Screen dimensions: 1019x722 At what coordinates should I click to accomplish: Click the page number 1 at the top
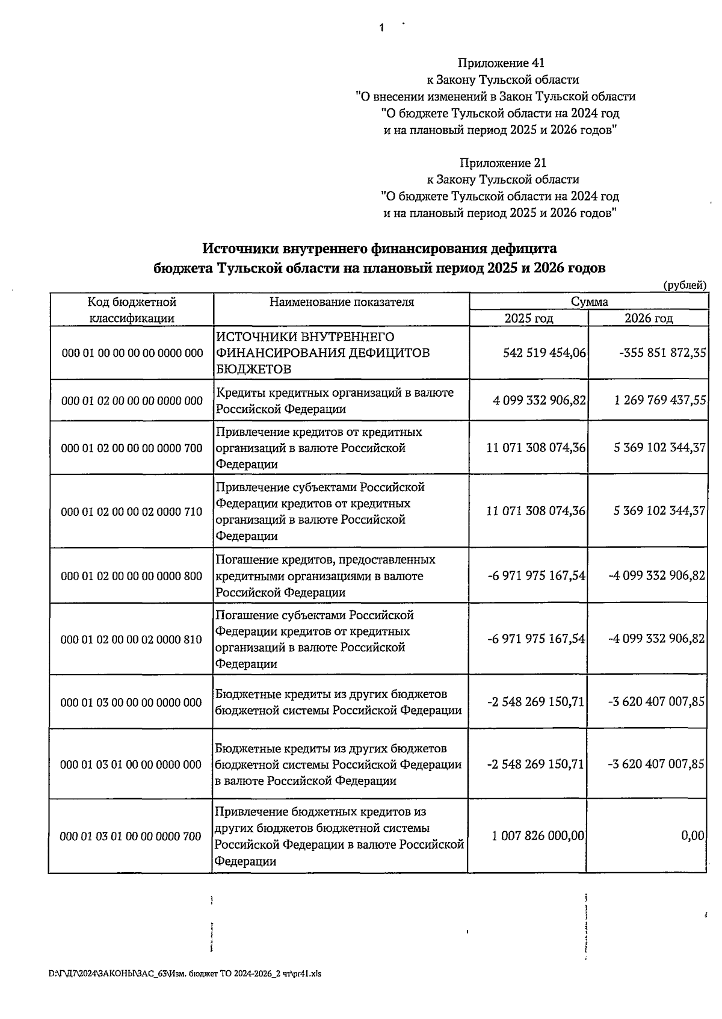(381, 28)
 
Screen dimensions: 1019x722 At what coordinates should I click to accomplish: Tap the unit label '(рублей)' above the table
(684, 285)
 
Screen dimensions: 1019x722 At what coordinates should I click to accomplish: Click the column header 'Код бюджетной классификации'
(132, 309)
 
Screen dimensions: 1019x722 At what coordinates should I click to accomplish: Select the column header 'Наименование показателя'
(341, 302)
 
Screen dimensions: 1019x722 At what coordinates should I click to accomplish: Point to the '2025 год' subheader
(528, 318)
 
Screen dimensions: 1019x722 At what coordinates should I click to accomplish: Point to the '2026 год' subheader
(648, 318)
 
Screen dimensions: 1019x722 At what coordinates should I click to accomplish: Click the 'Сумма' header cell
(589, 302)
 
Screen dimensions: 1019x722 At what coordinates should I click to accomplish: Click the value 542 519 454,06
(544, 353)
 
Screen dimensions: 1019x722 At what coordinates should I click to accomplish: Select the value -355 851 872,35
(662, 353)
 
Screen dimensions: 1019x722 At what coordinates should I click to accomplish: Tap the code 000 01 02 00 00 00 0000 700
(132, 448)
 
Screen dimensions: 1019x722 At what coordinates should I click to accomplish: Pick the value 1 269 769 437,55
(660, 400)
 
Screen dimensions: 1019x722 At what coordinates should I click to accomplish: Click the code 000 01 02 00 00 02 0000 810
(132, 639)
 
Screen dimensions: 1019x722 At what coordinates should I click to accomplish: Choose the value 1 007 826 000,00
(537, 836)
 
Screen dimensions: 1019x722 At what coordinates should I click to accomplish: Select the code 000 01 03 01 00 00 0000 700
(131, 836)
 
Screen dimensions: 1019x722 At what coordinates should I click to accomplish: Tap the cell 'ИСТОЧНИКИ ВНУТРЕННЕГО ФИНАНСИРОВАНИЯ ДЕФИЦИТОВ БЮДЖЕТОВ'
(322, 353)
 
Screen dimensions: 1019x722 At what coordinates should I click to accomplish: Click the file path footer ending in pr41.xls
(185, 974)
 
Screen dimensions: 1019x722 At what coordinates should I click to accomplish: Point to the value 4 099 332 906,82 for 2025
(538, 400)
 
